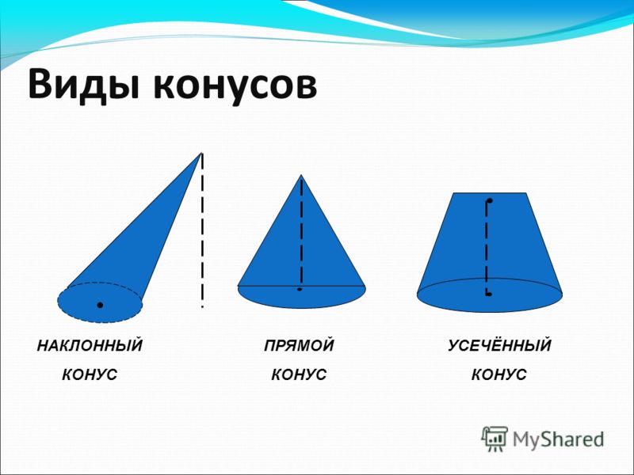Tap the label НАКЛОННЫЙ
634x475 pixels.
(x=90, y=345)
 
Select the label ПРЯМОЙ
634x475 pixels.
(x=300, y=346)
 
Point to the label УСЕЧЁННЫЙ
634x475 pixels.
(x=499, y=345)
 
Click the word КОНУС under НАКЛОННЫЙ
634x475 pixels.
(x=90, y=374)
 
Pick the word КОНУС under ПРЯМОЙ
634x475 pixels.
(x=299, y=374)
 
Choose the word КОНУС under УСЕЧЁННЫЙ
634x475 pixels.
(x=499, y=374)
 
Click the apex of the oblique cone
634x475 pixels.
(x=201, y=153)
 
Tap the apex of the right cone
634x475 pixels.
(x=301, y=175)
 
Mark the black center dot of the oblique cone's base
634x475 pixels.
(x=100, y=305)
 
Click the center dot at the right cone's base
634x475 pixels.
(x=300, y=289)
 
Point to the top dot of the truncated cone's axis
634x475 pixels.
(x=490, y=200)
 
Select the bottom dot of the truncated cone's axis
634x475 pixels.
(x=489, y=294)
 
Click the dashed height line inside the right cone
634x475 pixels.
(x=301, y=232)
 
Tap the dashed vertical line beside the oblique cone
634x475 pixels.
(x=202, y=230)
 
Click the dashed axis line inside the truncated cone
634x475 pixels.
(x=487, y=247)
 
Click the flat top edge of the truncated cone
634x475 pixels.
(x=490, y=193)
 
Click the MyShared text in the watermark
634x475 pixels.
(x=558, y=439)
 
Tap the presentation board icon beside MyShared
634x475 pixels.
(x=495, y=439)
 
